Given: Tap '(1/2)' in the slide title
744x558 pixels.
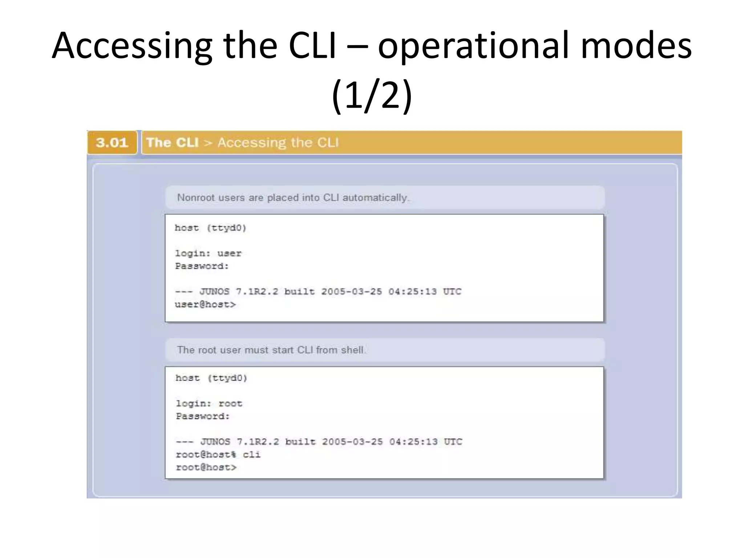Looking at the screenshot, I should [x=372, y=95].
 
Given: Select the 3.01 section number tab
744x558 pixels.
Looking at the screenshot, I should [x=112, y=142].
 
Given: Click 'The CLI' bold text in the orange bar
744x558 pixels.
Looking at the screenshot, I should [x=173, y=142].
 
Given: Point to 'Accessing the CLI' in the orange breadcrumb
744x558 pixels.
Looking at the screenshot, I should [x=278, y=142].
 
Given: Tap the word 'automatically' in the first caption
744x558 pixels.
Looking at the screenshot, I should [x=375, y=198].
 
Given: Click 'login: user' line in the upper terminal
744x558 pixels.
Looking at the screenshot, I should [x=208, y=253].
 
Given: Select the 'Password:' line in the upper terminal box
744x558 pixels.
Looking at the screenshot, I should [x=202, y=266].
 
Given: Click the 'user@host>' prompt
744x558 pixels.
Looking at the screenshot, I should [x=205, y=304].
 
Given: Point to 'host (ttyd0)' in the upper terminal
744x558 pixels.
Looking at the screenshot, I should [x=210, y=228].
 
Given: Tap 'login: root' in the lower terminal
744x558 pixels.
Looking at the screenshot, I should [x=209, y=403].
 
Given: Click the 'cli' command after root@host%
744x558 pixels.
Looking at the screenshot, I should [x=251, y=454].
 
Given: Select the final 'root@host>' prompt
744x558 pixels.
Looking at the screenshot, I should [x=206, y=467].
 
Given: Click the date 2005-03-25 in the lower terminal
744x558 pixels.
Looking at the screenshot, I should [x=352, y=442].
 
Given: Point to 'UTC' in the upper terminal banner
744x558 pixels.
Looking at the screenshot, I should [x=452, y=292].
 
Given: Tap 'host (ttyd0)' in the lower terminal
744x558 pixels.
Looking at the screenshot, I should [x=211, y=378].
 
